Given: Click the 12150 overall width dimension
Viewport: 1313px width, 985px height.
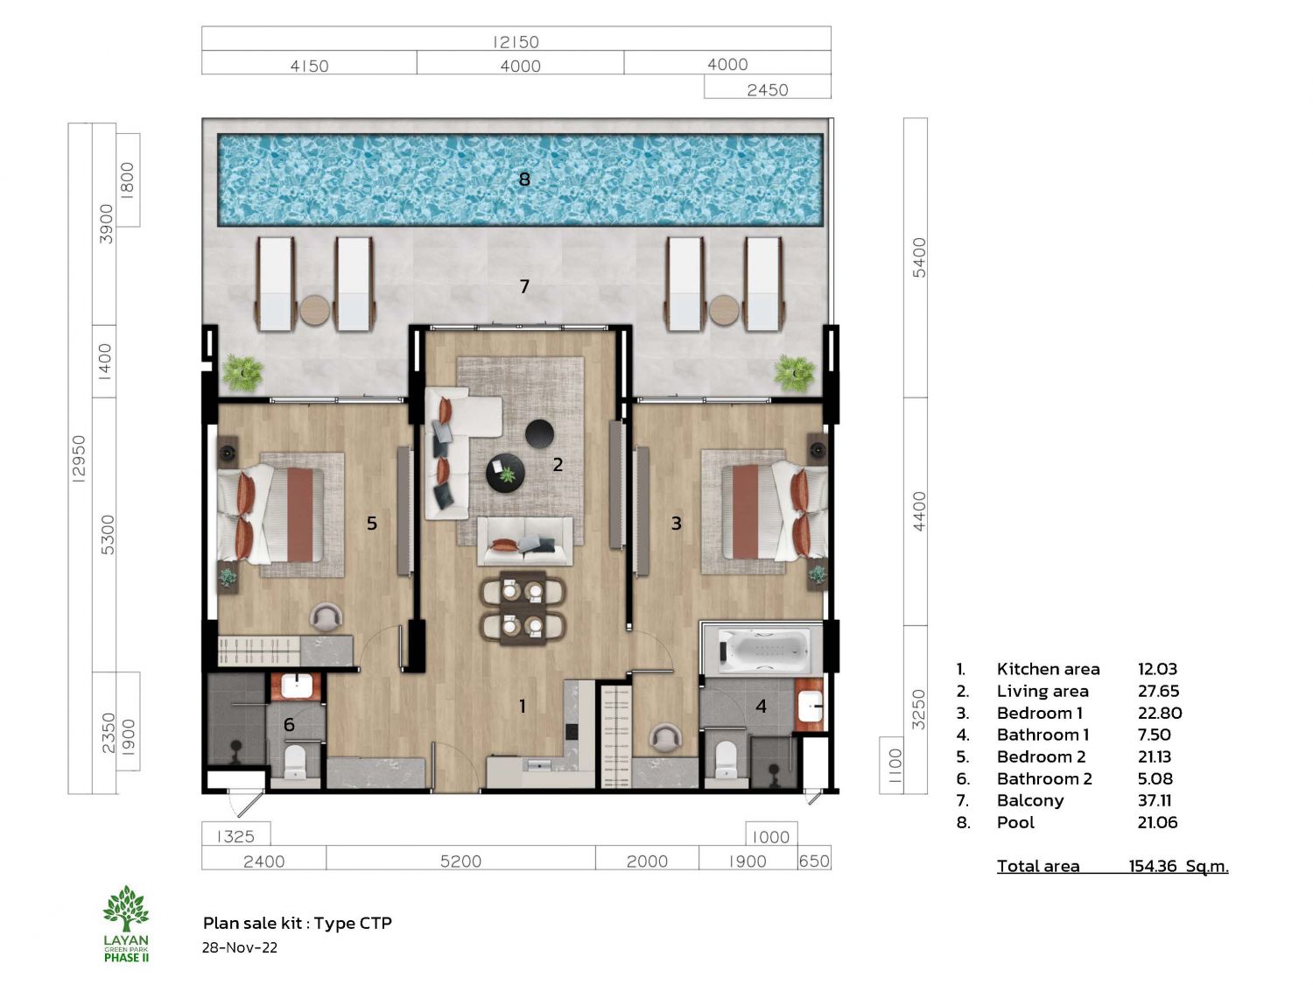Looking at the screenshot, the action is click(x=516, y=42).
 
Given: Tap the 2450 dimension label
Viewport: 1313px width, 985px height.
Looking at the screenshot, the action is click(x=768, y=90).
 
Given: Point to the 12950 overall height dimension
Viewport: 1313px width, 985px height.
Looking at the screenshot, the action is click(x=79, y=459).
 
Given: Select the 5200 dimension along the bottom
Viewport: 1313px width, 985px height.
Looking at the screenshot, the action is click(x=460, y=862).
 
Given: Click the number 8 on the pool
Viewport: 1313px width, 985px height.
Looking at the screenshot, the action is click(x=524, y=179).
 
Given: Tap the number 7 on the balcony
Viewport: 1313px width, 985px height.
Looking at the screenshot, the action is click(x=524, y=286).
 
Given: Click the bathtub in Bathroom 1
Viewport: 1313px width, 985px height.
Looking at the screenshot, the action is click(x=764, y=650).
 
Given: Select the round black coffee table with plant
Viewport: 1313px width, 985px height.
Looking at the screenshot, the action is click(x=505, y=473).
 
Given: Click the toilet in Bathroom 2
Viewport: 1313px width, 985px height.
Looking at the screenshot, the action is click(x=295, y=761).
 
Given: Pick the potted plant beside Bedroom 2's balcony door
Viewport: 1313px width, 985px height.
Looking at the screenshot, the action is click(x=242, y=374).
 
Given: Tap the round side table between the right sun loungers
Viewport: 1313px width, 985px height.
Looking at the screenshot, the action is click(x=725, y=311).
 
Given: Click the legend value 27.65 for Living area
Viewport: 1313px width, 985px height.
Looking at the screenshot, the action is click(x=1158, y=691).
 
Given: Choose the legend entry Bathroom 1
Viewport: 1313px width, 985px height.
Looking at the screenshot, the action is click(x=1043, y=735).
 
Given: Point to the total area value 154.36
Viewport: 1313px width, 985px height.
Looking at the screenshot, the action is click(x=1153, y=866).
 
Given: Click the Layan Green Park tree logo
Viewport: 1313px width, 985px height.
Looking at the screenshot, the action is click(x=126, y=909).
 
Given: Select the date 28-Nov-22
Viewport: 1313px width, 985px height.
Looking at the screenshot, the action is click(x=240, y=947).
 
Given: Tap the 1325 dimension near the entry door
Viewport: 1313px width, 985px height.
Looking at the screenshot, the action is click(x=235, y=836).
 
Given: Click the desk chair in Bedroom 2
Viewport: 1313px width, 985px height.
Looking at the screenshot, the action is click(x=326, y=618).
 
